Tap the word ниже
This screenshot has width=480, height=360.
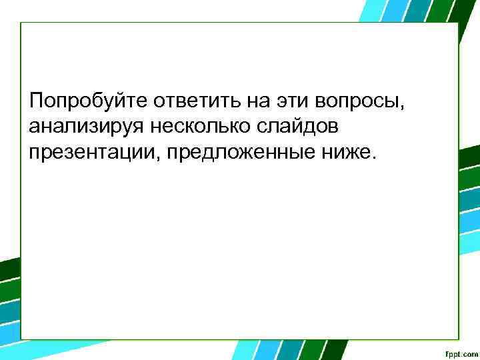pyautogui.click(x=345, y=153)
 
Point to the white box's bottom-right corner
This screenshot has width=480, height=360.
pyautogui.click(x=459, y=339)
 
